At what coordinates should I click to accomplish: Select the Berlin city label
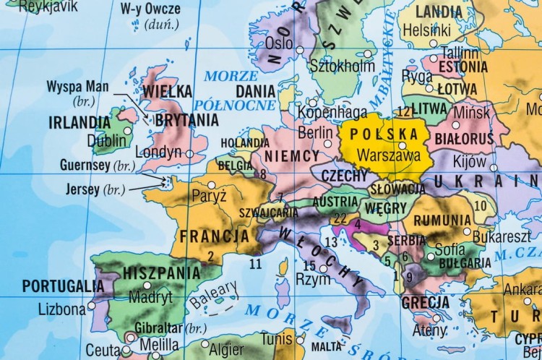pyautogui.click(x=315, y=133)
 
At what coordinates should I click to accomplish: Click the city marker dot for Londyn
pyautogui.click(x=189, y=153)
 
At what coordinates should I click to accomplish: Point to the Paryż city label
pyautogui.click(x=209, y=196)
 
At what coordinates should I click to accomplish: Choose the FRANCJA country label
pyautogui.click(x=214, y=236)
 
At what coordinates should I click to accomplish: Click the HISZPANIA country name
pyautogui.click(x=162, y=273)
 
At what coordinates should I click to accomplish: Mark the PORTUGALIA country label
pyautogui.click(x=59, y=286)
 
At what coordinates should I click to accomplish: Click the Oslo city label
pyautogui.click(x=279, y=43)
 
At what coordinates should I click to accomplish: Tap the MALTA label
pyautogui.click(x=327, y=346)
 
